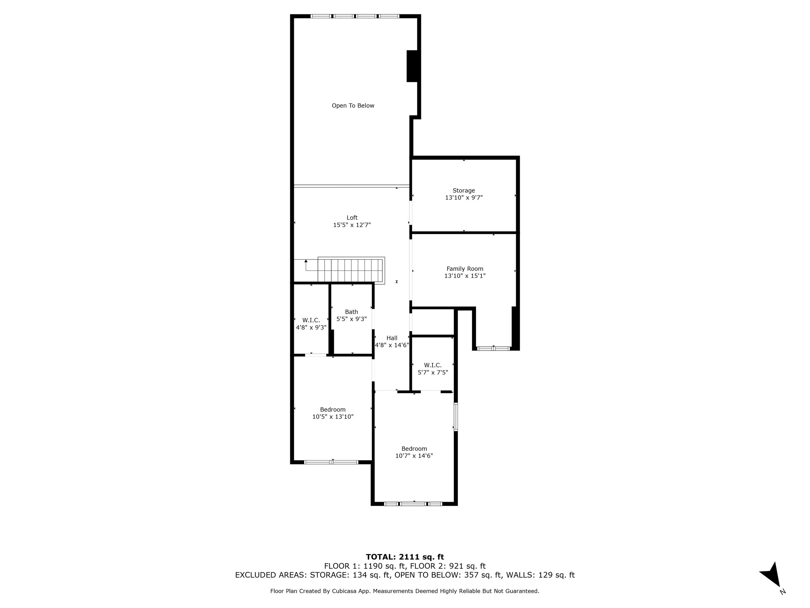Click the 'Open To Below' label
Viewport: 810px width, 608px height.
353,105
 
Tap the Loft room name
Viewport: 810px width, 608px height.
352,218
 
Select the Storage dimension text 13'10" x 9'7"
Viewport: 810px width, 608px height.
464,197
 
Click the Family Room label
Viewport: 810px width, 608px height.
465,268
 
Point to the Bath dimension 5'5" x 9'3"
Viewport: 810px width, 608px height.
352,319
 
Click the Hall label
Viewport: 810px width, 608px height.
392,338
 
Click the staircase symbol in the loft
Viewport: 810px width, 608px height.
351,270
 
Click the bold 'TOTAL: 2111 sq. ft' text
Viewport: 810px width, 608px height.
405,557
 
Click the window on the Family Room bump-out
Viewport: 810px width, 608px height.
493,348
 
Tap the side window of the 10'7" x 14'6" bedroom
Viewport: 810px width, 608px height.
456,417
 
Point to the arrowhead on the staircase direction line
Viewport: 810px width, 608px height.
306,261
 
